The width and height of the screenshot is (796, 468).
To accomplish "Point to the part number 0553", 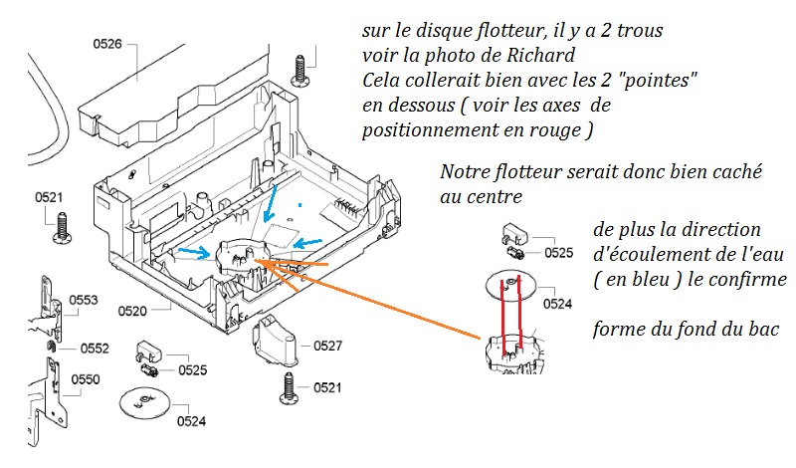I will [x=84, y=300].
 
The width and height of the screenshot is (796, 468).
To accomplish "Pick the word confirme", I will [x=746, y=279].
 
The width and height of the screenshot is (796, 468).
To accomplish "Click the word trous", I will [x=643, y=32].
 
